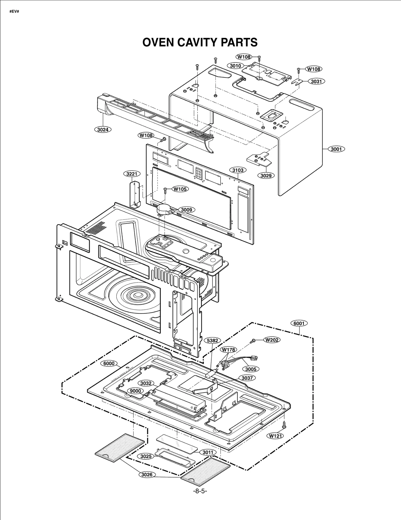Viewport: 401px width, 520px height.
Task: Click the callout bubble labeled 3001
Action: pos(336,149)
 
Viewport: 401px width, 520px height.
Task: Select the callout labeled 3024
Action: pos(103,130)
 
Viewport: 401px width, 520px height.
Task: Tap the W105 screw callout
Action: pos(180,189)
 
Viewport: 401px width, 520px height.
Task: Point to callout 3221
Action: pos(132,174)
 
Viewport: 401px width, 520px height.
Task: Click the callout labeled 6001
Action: pos(299,323)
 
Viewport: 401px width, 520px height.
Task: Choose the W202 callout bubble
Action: pos(272,340)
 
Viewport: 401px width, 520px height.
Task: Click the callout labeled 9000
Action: pos(135,391)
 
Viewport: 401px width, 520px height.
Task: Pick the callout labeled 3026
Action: pos(147,475)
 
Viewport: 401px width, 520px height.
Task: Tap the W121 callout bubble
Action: pos(275,436)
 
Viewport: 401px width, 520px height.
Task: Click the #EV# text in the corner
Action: pos(14,12)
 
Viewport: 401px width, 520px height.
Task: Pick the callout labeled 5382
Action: pos(212,340)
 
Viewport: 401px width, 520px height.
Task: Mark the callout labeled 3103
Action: pos(238,170)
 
